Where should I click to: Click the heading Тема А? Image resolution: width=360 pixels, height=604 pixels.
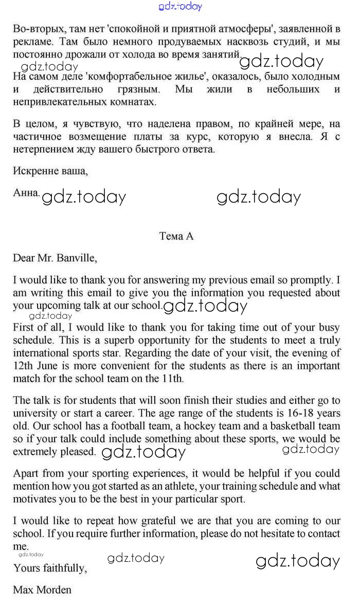[176, 236]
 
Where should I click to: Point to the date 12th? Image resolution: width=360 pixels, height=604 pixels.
[24, 366]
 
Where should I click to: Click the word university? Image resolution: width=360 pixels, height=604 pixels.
[34, 413]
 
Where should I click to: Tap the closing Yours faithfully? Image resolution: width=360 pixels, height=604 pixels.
[50, 568]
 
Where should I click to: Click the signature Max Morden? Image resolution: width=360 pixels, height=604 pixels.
[42, 590]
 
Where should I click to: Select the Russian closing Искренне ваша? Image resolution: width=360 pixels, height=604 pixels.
[50, 171]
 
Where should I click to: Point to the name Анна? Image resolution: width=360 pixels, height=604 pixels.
[26, 193]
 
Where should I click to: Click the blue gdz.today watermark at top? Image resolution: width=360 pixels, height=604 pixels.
[180, 6]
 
